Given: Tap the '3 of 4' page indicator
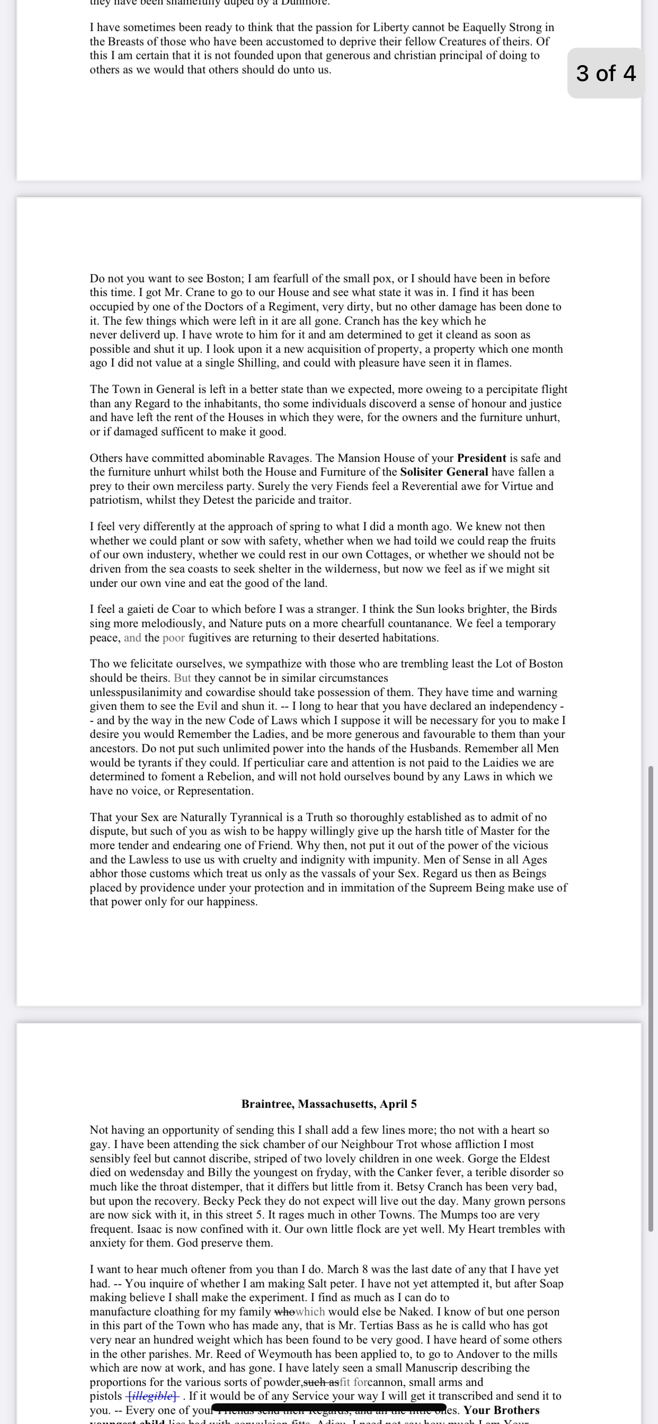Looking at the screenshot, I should click(606, 73).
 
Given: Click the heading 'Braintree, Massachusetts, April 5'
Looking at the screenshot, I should click(329, 1104).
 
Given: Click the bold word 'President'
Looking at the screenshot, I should click(481, 458).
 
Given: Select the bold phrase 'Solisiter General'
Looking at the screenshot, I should click(444, 472).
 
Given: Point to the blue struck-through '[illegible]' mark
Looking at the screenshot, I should click(152, 1396).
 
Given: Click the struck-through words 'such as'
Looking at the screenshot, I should click(321, 1382).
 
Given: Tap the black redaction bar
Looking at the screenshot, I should click(328, 1408).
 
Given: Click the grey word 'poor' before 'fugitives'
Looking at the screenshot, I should click(173, 637).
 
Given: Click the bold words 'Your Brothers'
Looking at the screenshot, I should click(502, 1410).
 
